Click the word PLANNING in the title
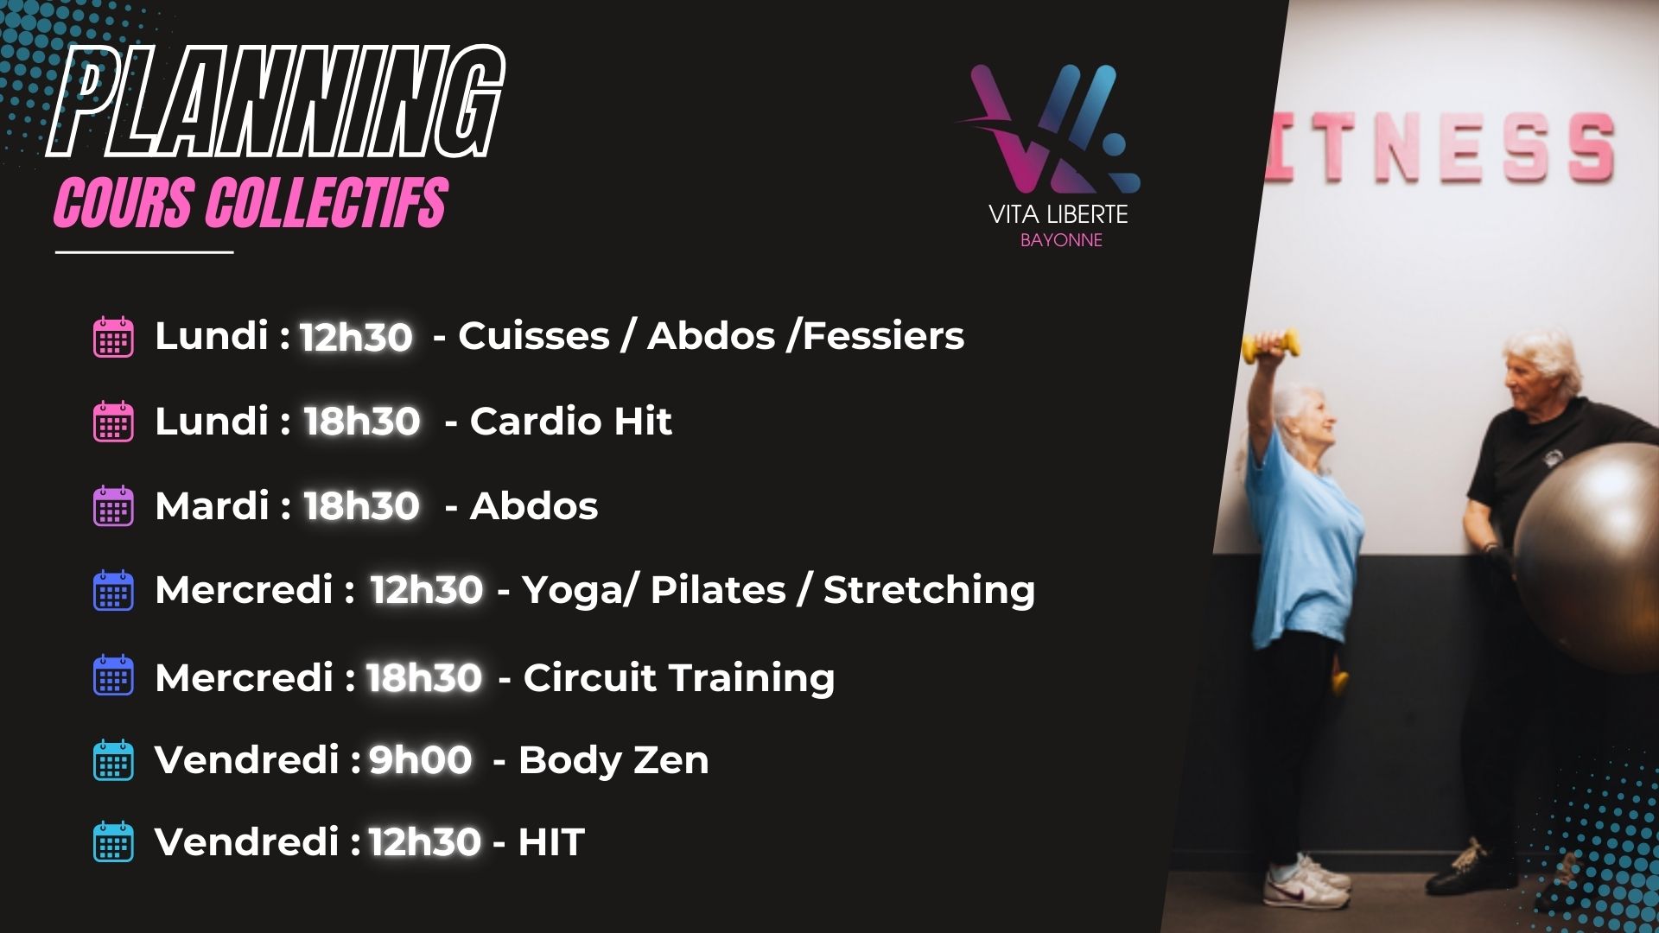275,103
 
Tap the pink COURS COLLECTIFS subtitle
251,203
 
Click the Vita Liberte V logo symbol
1047,130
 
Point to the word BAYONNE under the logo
1061,240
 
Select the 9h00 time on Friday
421,760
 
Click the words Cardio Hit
570,422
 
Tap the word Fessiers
883,336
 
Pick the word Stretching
929,591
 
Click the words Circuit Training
679,678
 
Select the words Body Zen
613,761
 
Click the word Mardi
212,506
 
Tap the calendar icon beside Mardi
113,506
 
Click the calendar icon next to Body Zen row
113,760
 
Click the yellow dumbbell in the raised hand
1270,346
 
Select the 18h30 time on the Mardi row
362,506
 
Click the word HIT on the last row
551,842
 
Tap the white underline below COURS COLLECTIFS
144,252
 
